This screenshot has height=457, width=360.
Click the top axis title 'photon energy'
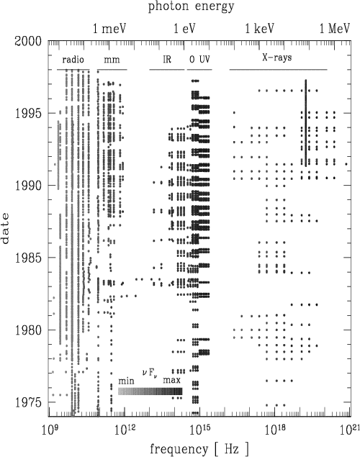click(x=192, y=6)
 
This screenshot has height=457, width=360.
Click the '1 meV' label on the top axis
click(x=109, y=29)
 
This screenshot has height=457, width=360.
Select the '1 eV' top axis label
click(x=184, y=29)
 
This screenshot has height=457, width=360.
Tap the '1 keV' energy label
click(x=260, y=29)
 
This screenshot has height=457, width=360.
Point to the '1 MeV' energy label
click(x=335, y=29)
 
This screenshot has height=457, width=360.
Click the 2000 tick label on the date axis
click(x=28, y=41)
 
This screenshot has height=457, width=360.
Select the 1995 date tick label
click(x=28, y=113)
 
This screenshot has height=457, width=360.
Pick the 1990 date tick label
click(x=28, y=186)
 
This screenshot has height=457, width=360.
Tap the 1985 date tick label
click(x=28, y=258)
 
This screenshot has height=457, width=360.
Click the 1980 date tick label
click(x=28, y=330)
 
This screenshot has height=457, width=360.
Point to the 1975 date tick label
click(x=28, y=402)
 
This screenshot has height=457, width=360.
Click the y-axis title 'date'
click(x=5, y=229)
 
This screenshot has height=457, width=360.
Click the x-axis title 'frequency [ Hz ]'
click(x=199, y=449)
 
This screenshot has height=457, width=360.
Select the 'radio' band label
click(x=73, y=60)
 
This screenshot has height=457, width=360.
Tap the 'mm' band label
click(x=112, y=60)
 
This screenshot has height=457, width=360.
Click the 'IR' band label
click(x=167, y=60)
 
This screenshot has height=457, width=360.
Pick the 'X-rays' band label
click(x=277, y=58)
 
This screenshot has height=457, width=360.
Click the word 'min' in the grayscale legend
click(x=126, y=381)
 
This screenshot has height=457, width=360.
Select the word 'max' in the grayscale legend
click(x=171, y=381)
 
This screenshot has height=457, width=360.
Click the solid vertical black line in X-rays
click(x=306, y=123)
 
